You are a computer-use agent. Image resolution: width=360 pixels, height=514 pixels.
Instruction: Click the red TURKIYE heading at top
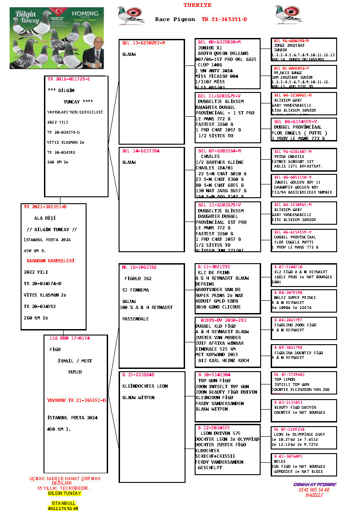197,5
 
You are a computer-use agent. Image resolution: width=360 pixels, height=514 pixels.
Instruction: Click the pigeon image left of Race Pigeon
131,15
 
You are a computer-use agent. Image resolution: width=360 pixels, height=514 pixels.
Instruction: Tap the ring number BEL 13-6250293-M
143,43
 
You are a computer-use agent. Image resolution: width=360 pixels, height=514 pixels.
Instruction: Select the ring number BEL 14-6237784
141,151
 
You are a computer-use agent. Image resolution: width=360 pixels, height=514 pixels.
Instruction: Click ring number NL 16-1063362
139,267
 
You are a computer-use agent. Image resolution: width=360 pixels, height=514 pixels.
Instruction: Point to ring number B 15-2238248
138,375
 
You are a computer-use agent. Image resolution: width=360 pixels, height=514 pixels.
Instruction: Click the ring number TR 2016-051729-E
69,79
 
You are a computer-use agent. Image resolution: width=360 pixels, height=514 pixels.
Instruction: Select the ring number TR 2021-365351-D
45,207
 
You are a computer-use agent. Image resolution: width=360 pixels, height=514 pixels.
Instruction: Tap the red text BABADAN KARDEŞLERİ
50,260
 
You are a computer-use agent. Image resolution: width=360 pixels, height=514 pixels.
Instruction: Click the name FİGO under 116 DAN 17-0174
55,349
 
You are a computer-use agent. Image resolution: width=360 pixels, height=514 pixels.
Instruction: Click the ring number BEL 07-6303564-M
219,151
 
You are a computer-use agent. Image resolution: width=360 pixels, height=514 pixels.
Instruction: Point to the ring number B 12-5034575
214,427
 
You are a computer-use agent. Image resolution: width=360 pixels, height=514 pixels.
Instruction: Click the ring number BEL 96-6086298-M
291,41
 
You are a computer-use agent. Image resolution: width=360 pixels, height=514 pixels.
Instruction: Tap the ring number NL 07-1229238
289,429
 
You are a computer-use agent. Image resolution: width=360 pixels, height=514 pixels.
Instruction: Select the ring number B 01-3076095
288,456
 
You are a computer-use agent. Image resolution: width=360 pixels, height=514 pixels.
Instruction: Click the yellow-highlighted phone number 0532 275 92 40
63,508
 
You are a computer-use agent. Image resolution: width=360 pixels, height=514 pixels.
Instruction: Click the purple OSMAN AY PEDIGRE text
315,484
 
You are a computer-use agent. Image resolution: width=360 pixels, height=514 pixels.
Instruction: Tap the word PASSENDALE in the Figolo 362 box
136,319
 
